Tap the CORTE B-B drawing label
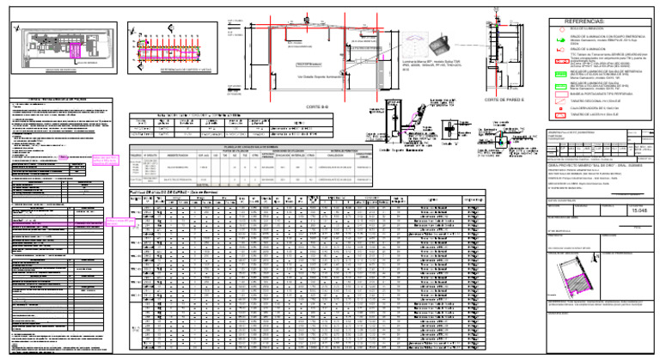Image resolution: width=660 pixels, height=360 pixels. coord(315,106)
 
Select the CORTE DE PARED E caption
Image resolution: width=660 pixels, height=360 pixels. coord(499,101)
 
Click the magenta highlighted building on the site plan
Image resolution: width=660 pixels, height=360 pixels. coord(86,54)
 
